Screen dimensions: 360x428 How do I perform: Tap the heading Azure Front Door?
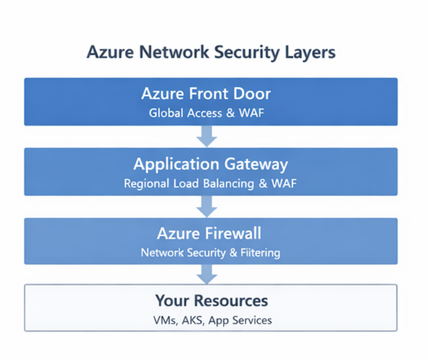click(x=206, y=94)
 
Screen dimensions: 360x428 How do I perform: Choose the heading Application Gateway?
click(x=210, y=164)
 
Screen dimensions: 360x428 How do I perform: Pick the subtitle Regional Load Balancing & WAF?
click(x=210, y=183)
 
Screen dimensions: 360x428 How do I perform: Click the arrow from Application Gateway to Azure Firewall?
click(x=206, y=206)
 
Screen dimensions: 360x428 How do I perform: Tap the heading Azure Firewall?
click(x=210, y=233)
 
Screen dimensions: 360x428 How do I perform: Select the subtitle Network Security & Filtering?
click(x=210, y=252)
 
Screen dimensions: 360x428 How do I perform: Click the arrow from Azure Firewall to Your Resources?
click(x=206, y=275)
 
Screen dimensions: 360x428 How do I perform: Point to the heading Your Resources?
click(x=211, y=300)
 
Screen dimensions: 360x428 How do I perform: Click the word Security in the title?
click(x=244, y=52)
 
